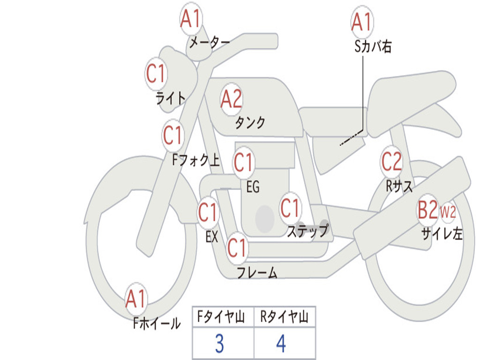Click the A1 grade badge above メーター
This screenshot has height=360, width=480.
pos(191,19)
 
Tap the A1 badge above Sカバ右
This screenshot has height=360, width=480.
pos(362,22)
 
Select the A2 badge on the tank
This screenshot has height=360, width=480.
pos(232,99)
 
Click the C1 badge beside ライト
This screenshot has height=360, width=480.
pos(156,74)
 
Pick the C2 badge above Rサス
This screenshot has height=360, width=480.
pos(391,161)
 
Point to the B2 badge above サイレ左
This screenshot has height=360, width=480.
pos(428,210)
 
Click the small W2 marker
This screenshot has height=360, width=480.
pos(448,211)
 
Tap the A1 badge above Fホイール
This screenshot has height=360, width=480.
pos(136,299)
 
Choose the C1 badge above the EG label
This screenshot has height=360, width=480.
pos(244,162)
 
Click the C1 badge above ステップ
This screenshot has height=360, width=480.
pos(290,208)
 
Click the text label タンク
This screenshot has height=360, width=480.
pos(250,122)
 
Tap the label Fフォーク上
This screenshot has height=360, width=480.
pos(196,160)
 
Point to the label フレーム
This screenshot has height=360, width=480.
pos(257,273)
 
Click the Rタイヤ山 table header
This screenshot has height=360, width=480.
pos(284,317)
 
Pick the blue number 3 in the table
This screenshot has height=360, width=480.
pos(219,344)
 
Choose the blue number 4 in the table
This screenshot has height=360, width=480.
pos(281,344)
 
